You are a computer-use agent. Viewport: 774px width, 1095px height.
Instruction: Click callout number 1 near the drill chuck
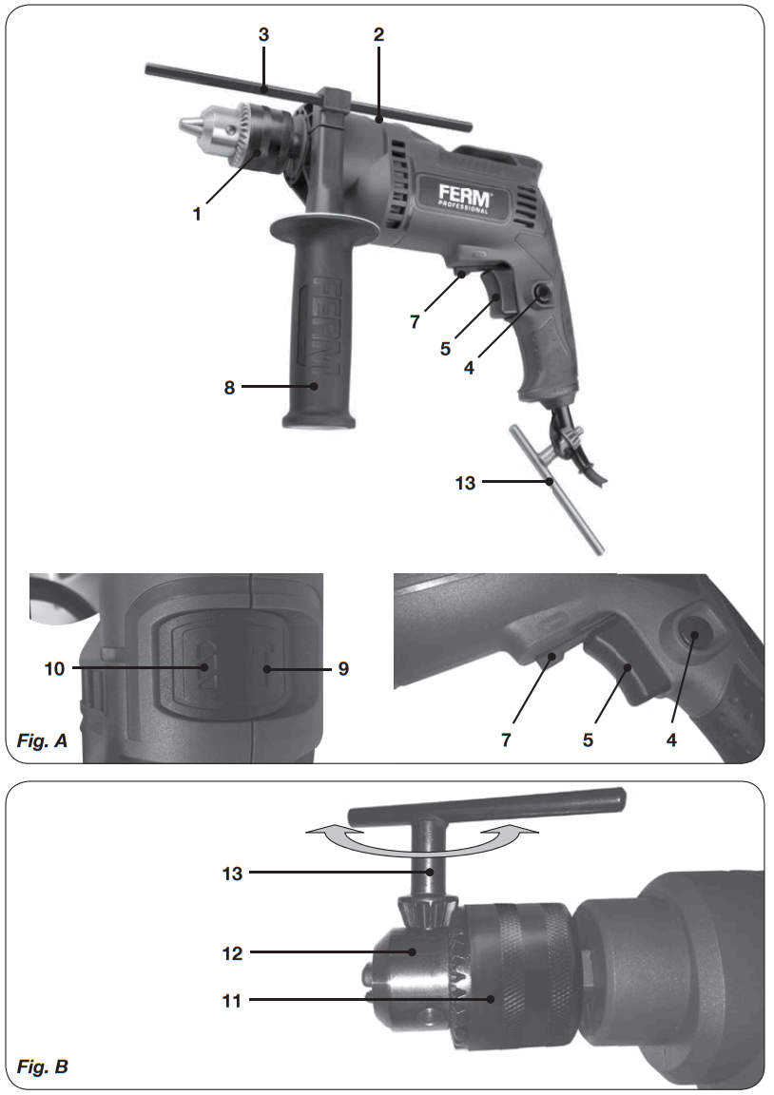pyautogui.click(x=197, y=214)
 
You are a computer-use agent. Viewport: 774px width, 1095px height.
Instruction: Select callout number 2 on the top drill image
pyautogui.click(x=378, y=34)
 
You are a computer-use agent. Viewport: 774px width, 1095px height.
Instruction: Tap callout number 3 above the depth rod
pyautogui.click(x=264, y=34)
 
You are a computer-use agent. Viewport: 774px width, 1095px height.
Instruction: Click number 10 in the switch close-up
pyautogui.click(x=54, y=669)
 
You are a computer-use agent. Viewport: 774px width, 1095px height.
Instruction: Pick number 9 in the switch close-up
pyautogui.click(x=342, y=669)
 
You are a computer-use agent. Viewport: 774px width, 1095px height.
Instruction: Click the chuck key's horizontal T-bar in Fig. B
pyautogui.click(x=485, y=805)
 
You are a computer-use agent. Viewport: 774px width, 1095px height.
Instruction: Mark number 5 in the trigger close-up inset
pyautogui.click(x=589, y=739)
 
